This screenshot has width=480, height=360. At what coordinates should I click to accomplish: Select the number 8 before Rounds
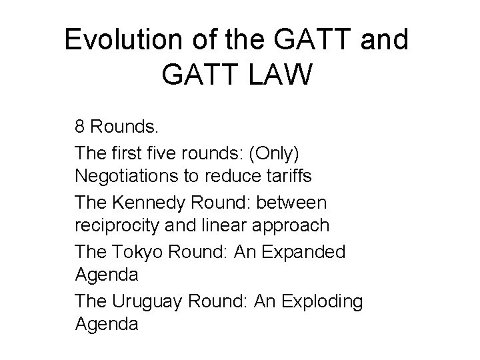pyautogui.click(x=80, y=127)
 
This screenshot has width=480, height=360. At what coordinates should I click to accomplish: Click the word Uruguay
pyautogui.click(x=151, y=301)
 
